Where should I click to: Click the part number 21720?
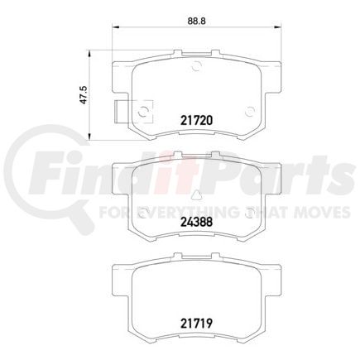coord(197,119)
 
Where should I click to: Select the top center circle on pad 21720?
coord(196,69)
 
